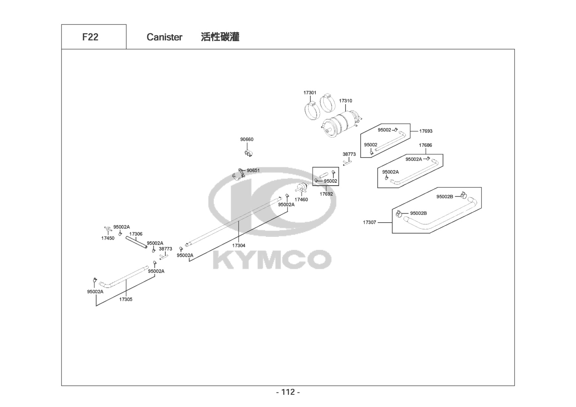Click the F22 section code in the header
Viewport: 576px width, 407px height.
coord(90,37)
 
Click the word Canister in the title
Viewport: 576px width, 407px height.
coord(164,37)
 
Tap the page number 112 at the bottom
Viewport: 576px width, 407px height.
coord(288,392)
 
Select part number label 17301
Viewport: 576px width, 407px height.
coord(310,93)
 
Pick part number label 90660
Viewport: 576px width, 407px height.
coord(247,140)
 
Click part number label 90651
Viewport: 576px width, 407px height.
coord(253,171)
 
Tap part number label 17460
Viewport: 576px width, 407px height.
coord(301,200)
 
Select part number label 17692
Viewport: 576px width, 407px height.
coord(326,194)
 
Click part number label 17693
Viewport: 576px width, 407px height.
coord(426,131)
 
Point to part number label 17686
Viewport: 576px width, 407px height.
coord(425,145)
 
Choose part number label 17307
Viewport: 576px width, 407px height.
coord(370,223)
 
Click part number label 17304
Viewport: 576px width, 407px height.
coord(239,245)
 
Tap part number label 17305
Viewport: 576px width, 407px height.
coord(126,300)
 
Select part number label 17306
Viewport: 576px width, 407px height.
coord(136,234)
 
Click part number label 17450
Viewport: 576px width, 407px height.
coord(108,239)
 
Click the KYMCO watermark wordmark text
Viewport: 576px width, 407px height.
coord(272,260)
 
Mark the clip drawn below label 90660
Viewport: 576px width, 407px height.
coord(248,153)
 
